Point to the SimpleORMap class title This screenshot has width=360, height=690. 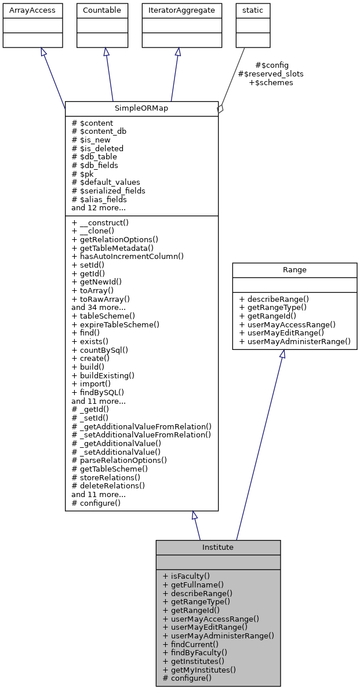click(141, 109)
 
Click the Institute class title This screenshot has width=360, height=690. click(218, 547)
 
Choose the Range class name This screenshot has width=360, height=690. click(294, 270)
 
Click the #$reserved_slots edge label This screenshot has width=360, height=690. click(271, 74)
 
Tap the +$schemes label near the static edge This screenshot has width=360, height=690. click(271, 83)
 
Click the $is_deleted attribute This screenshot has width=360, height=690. click(97, 148)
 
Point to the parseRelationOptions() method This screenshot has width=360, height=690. click(119, 460)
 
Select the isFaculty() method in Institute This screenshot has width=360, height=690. click(186, 576)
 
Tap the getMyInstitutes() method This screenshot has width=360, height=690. click(199, 670)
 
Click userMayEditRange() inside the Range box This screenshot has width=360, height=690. click(282, 333)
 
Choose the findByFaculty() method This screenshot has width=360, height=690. click(195, 652)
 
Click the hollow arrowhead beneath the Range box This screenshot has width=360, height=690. click(282, 354)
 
